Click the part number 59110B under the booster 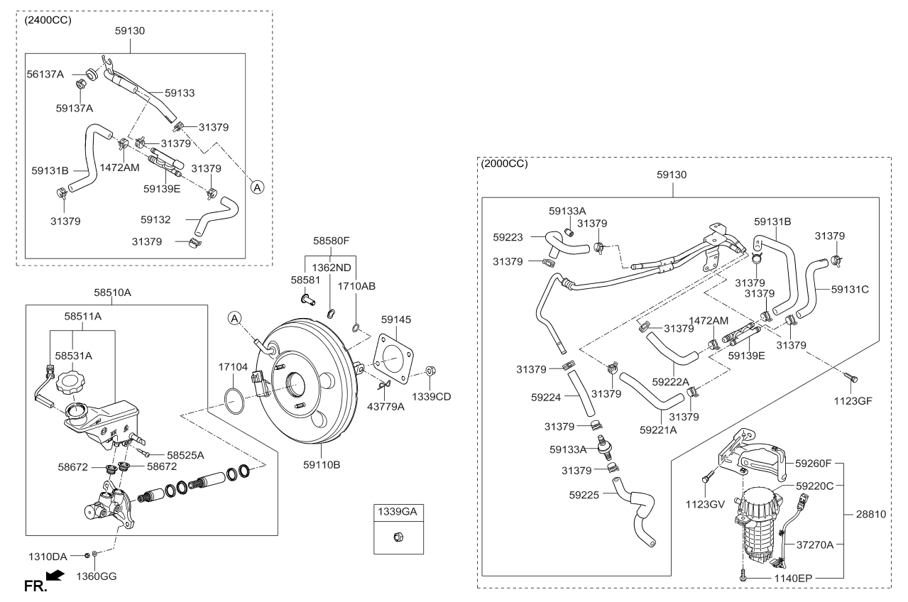[x=322, y=466]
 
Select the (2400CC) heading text [x=48, y=20]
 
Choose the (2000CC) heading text [x=504, y=163]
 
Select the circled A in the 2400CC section [x=258, y=187]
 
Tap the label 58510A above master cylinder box [x=112, y=291]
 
